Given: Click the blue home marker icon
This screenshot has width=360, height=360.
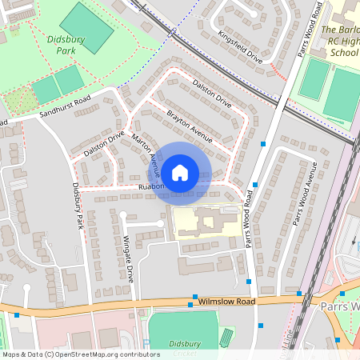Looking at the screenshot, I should coord(180,171).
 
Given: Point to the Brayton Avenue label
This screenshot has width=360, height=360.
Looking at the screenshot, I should coord(189,126).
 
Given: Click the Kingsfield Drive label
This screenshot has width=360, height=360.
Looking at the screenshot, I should coord(239,47).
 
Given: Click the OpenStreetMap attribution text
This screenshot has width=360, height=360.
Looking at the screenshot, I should coord(80,354).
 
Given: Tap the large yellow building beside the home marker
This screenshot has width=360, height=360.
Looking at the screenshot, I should coord(204,222).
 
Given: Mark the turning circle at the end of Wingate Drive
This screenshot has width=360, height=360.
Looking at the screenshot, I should coord(123,214).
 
